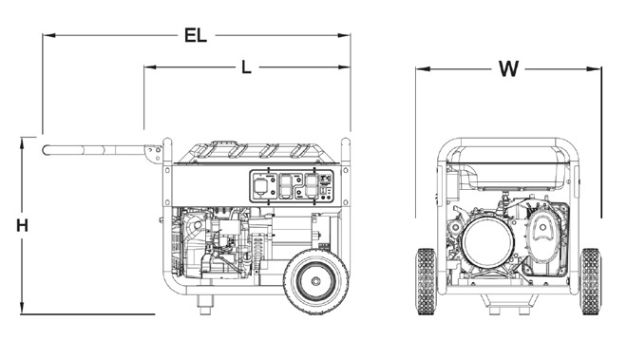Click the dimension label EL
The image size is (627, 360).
coord(196,36)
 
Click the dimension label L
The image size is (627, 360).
coord(246,67)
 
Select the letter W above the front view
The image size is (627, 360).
coord(509,68)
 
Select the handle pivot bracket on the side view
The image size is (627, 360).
coord(154,152)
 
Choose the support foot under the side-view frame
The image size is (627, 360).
coord(202,302)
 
